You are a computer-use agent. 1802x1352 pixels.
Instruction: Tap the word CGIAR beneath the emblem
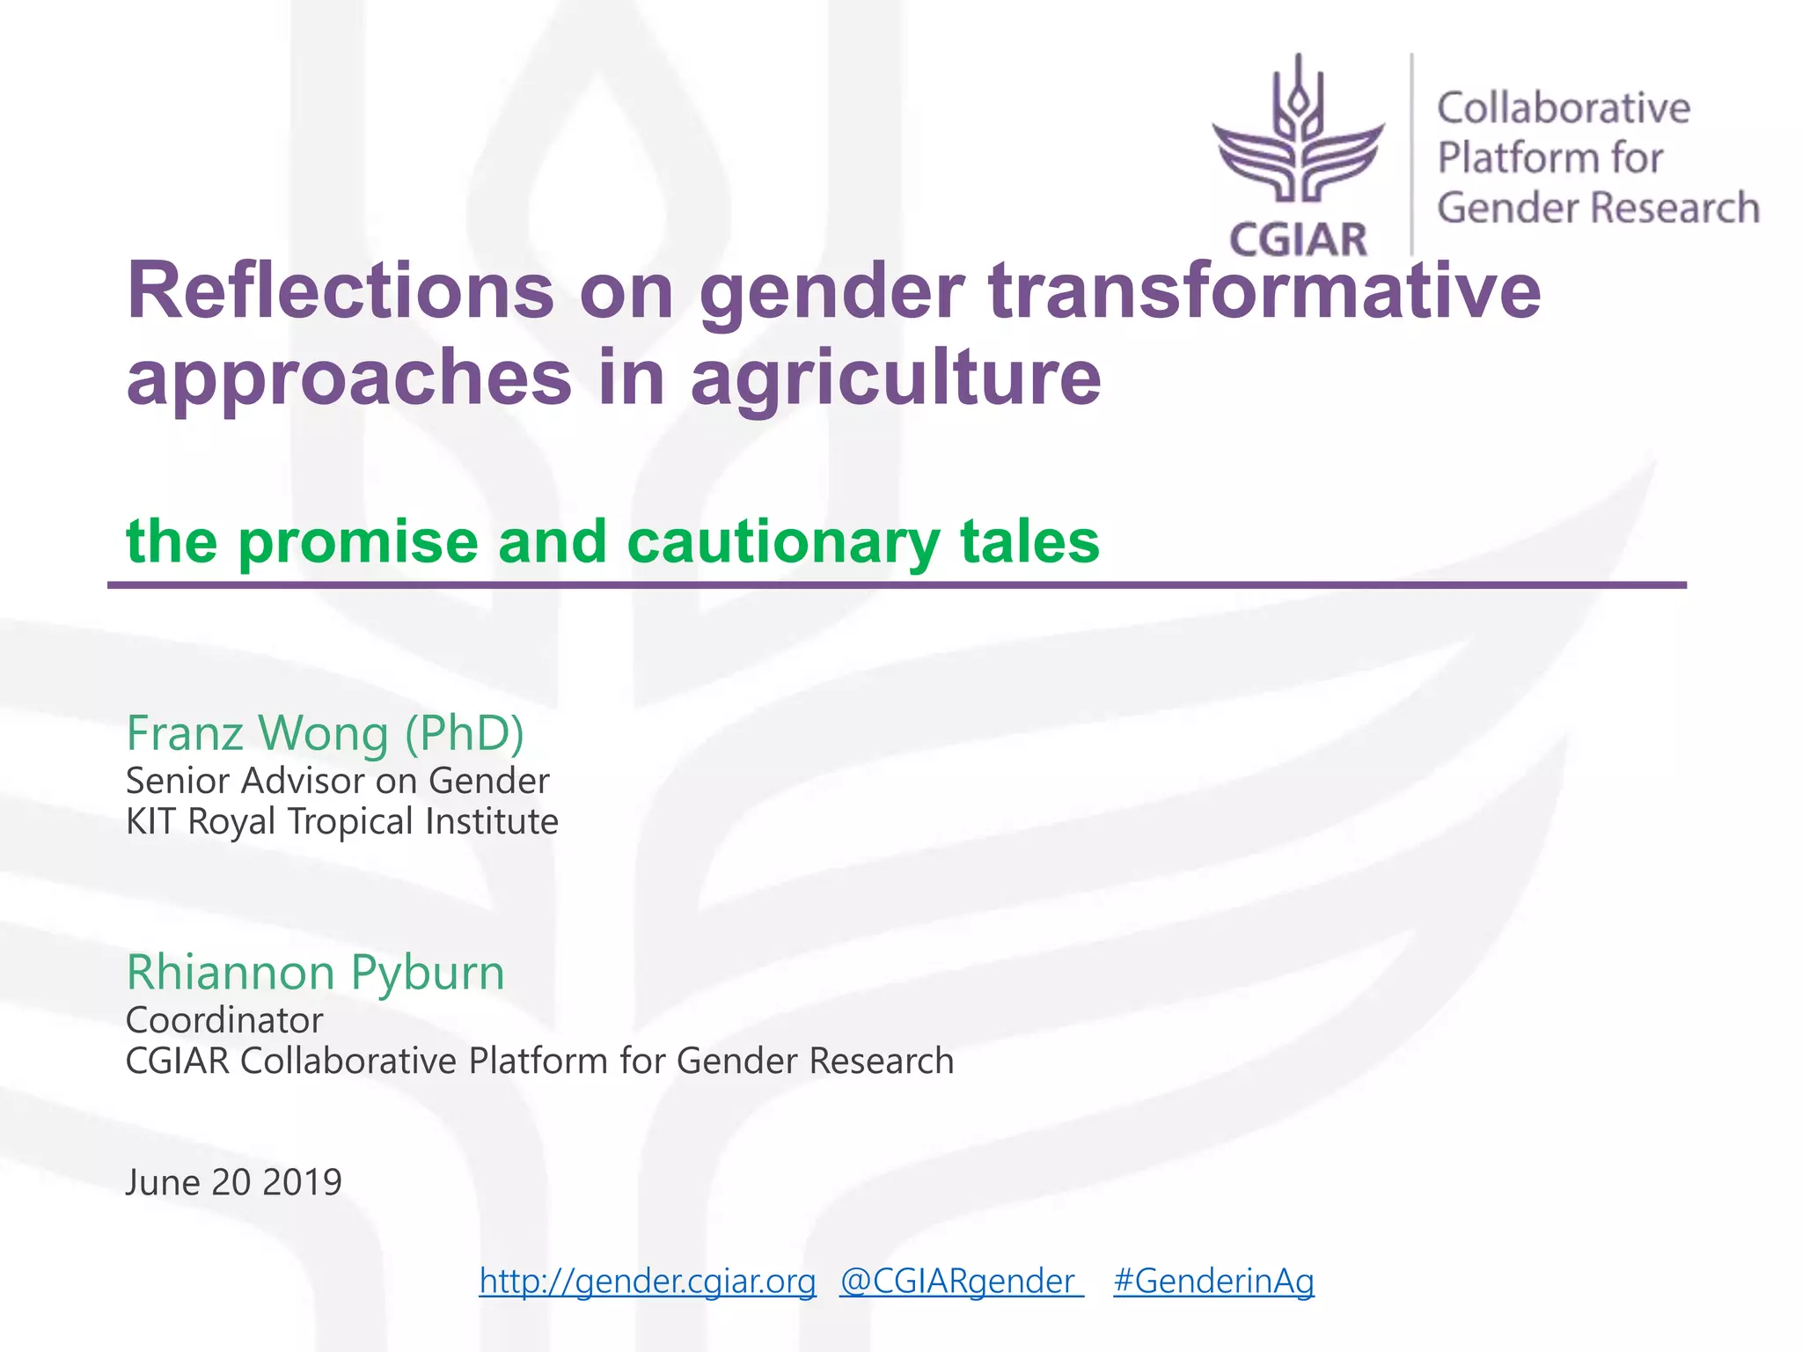pos(1298,239)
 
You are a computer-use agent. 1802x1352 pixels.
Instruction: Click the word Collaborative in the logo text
pos(1564,108)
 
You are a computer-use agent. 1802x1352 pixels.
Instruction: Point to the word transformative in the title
pos(1264,291)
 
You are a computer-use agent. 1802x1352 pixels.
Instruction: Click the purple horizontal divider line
pos(896,584)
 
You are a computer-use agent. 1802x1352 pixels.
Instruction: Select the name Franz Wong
pos(258,732)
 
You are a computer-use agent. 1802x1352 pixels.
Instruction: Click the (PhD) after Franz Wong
pos(464,732)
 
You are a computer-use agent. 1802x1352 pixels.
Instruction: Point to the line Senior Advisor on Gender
pos(337,781)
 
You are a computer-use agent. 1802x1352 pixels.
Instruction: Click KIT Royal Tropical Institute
pos(341,821)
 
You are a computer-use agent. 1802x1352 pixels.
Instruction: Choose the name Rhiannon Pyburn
pos(315,972)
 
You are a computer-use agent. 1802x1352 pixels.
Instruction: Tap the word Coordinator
pos(224,1020)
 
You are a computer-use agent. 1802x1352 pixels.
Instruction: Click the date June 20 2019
pos(233,1182)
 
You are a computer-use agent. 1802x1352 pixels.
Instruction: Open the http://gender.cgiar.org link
pos(648,1281)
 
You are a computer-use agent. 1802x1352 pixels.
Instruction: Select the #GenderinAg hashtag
pos(1213,1281)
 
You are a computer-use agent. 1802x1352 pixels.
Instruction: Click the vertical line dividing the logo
pos(1411,154)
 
